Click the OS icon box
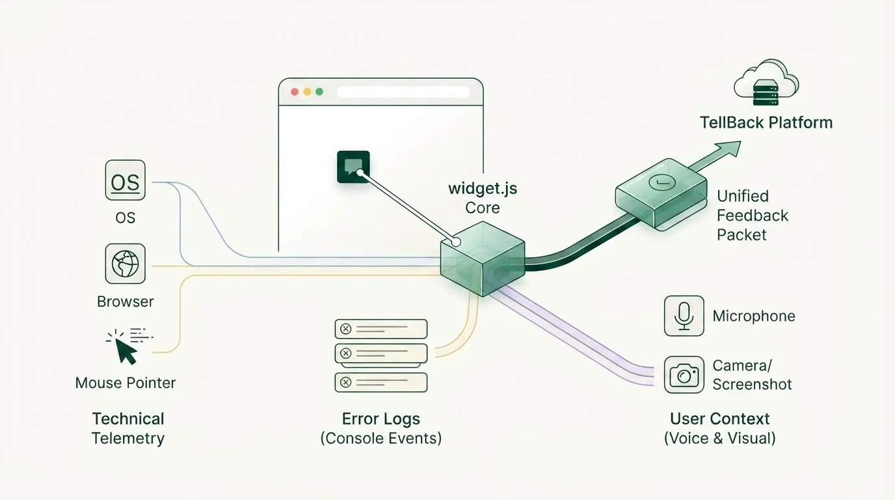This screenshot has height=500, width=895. pos(125,180)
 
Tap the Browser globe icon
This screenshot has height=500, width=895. pos(125,264)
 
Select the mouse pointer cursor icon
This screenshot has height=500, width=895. pos(126,351)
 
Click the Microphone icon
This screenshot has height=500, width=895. pos(684,316)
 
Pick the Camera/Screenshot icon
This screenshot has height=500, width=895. pos(684,375)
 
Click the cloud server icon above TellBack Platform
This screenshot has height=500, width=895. pos(766,83)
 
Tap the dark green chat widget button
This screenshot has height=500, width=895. pos(353,167)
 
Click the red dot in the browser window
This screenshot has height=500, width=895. pos(295,92)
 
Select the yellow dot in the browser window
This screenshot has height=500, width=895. pos(307,92)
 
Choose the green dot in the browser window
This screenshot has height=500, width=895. pos(319,92)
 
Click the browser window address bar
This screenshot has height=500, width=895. pos(403,92)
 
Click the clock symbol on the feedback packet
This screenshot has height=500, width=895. pos(662,183)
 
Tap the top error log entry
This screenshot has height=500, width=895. pos(381,329)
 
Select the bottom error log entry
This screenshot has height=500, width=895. pos(381,382)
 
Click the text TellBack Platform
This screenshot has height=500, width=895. pos(766,122)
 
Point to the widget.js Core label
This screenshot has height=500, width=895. pos(483,198)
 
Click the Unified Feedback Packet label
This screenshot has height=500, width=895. pos(753,215)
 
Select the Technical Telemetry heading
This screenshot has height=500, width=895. pos(128,428)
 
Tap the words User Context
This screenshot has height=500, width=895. pos(719,419)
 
